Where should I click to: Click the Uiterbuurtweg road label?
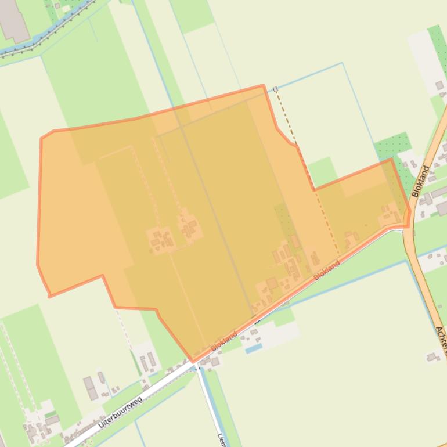(x=121, y=412)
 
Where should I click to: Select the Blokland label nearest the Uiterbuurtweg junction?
(x=224, y=341)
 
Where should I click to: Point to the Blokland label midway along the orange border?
(x=326, y=271)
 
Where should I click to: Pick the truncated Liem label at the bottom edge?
(x=221, y=439)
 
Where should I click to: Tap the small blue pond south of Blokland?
(x=253, y=348)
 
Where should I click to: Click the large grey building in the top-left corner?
(x=13, y=20)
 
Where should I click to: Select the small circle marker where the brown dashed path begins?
(x=275, y=89)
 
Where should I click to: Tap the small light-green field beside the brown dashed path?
(x=322, y=171)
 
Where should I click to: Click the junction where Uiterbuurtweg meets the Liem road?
(x=197, y=366)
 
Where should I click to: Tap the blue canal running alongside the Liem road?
(x=212, y=406)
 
